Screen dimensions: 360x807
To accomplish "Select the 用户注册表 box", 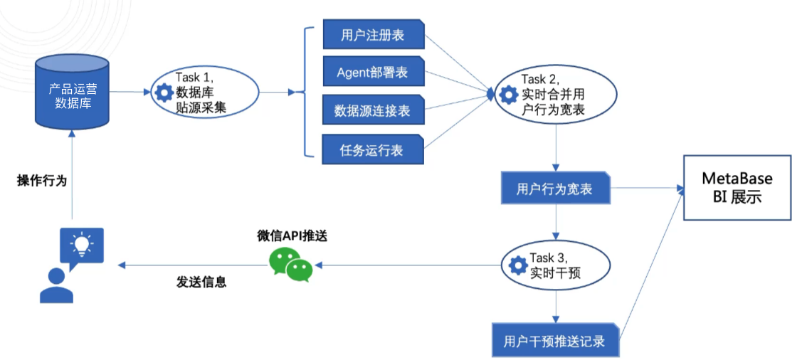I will point(374,35).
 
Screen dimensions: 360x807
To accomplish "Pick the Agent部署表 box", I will point(374,72).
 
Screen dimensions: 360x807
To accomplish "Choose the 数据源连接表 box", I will point(374,110).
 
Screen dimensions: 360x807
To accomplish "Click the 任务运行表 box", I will point(374,149).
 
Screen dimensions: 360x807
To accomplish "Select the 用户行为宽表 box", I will point(555,189).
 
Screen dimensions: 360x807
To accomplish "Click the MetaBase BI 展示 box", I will point(737,187).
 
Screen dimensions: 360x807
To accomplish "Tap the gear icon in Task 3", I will point(518,266).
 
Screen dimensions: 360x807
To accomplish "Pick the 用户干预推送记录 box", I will point(555,341).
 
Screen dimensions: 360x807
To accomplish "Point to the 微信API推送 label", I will point(292,236).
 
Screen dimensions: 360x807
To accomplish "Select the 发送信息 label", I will point(201,282).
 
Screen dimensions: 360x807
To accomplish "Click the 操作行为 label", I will point(42,181).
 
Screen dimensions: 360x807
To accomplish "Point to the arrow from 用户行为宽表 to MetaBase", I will point(644,189).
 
